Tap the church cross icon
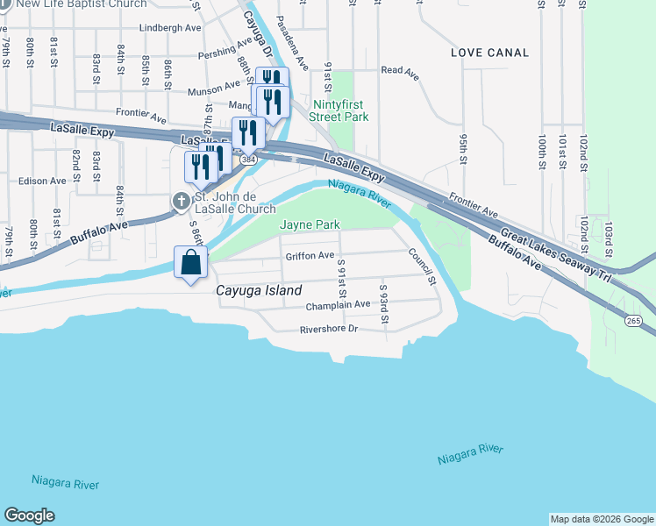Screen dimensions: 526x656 click(181, 202)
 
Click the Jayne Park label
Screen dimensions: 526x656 click(310, 225)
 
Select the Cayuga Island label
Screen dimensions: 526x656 click(259, 290)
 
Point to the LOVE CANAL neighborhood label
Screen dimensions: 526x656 click(489, 53)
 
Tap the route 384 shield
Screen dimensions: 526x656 click(248, 160)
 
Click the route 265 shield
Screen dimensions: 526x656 click(633, 322)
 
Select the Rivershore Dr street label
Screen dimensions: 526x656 click(329, 330)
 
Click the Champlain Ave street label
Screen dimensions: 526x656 click(338, 305)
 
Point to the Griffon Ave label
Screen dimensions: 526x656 click(310, 256)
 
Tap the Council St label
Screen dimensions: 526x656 click(421, 267)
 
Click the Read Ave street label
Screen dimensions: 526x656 click(399, 71)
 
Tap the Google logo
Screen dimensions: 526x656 click(29, 515)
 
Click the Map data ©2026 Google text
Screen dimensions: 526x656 click(601, 519)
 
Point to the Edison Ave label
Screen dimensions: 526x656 click(42, 181)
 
